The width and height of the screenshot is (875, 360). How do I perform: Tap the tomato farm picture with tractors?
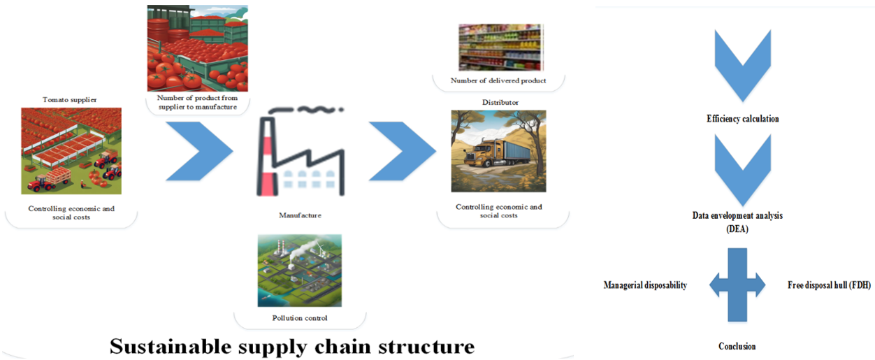(71, 151)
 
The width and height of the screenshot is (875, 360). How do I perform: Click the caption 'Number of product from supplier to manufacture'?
(197, 102)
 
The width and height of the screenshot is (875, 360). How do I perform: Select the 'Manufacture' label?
(300, 215)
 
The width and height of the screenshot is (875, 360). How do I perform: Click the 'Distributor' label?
(500, 102)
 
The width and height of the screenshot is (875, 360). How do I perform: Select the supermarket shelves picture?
(500, 48)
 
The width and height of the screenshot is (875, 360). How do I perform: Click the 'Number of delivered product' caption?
(498, 81)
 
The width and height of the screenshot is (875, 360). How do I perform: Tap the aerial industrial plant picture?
(300, 270)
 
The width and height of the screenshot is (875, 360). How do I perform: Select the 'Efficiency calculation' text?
(742, 119)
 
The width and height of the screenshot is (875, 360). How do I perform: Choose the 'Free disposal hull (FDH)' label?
(828, 285)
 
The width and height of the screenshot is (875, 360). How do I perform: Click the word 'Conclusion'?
(737, 346)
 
